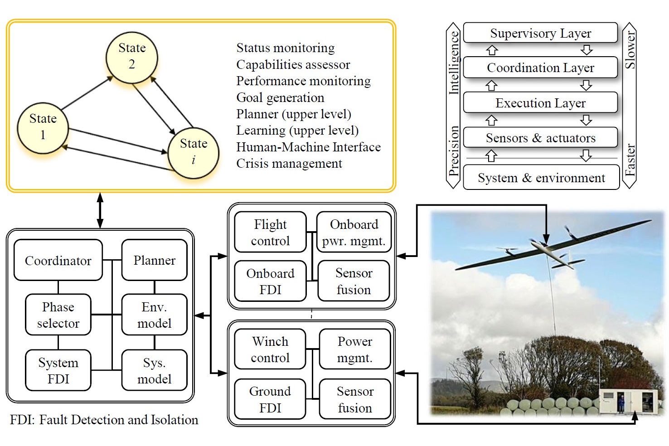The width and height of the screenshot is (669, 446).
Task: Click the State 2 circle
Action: [x=132, y=57]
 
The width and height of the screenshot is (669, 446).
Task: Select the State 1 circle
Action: [x=43, y=127]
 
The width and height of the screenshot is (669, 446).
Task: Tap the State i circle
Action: [x=194, y=152]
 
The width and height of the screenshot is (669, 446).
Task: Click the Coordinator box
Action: [x=58, y=261]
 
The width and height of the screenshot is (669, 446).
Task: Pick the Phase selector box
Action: [x=58, y=315]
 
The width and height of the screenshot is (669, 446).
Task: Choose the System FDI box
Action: [x=58, y=370]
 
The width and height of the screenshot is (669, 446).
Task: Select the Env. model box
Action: [x=155, y=315]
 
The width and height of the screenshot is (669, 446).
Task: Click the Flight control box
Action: [x=270, y=232]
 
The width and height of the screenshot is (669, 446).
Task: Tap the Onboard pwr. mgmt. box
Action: [x=354, y=232]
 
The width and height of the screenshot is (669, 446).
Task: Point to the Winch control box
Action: [x=270, y=349]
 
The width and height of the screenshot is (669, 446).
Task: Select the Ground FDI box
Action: [x=270, y=399]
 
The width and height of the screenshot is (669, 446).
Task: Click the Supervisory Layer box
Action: [x=540, y=33]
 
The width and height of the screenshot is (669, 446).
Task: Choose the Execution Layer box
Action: [x=540, y=103]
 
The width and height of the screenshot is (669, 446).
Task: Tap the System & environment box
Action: [x=541, y=178]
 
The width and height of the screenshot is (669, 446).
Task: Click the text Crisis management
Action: [x=289, y=164]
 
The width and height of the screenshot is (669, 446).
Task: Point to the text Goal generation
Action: [x=280, y=97]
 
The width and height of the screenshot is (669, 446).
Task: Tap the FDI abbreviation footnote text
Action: [x=104, y=420]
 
